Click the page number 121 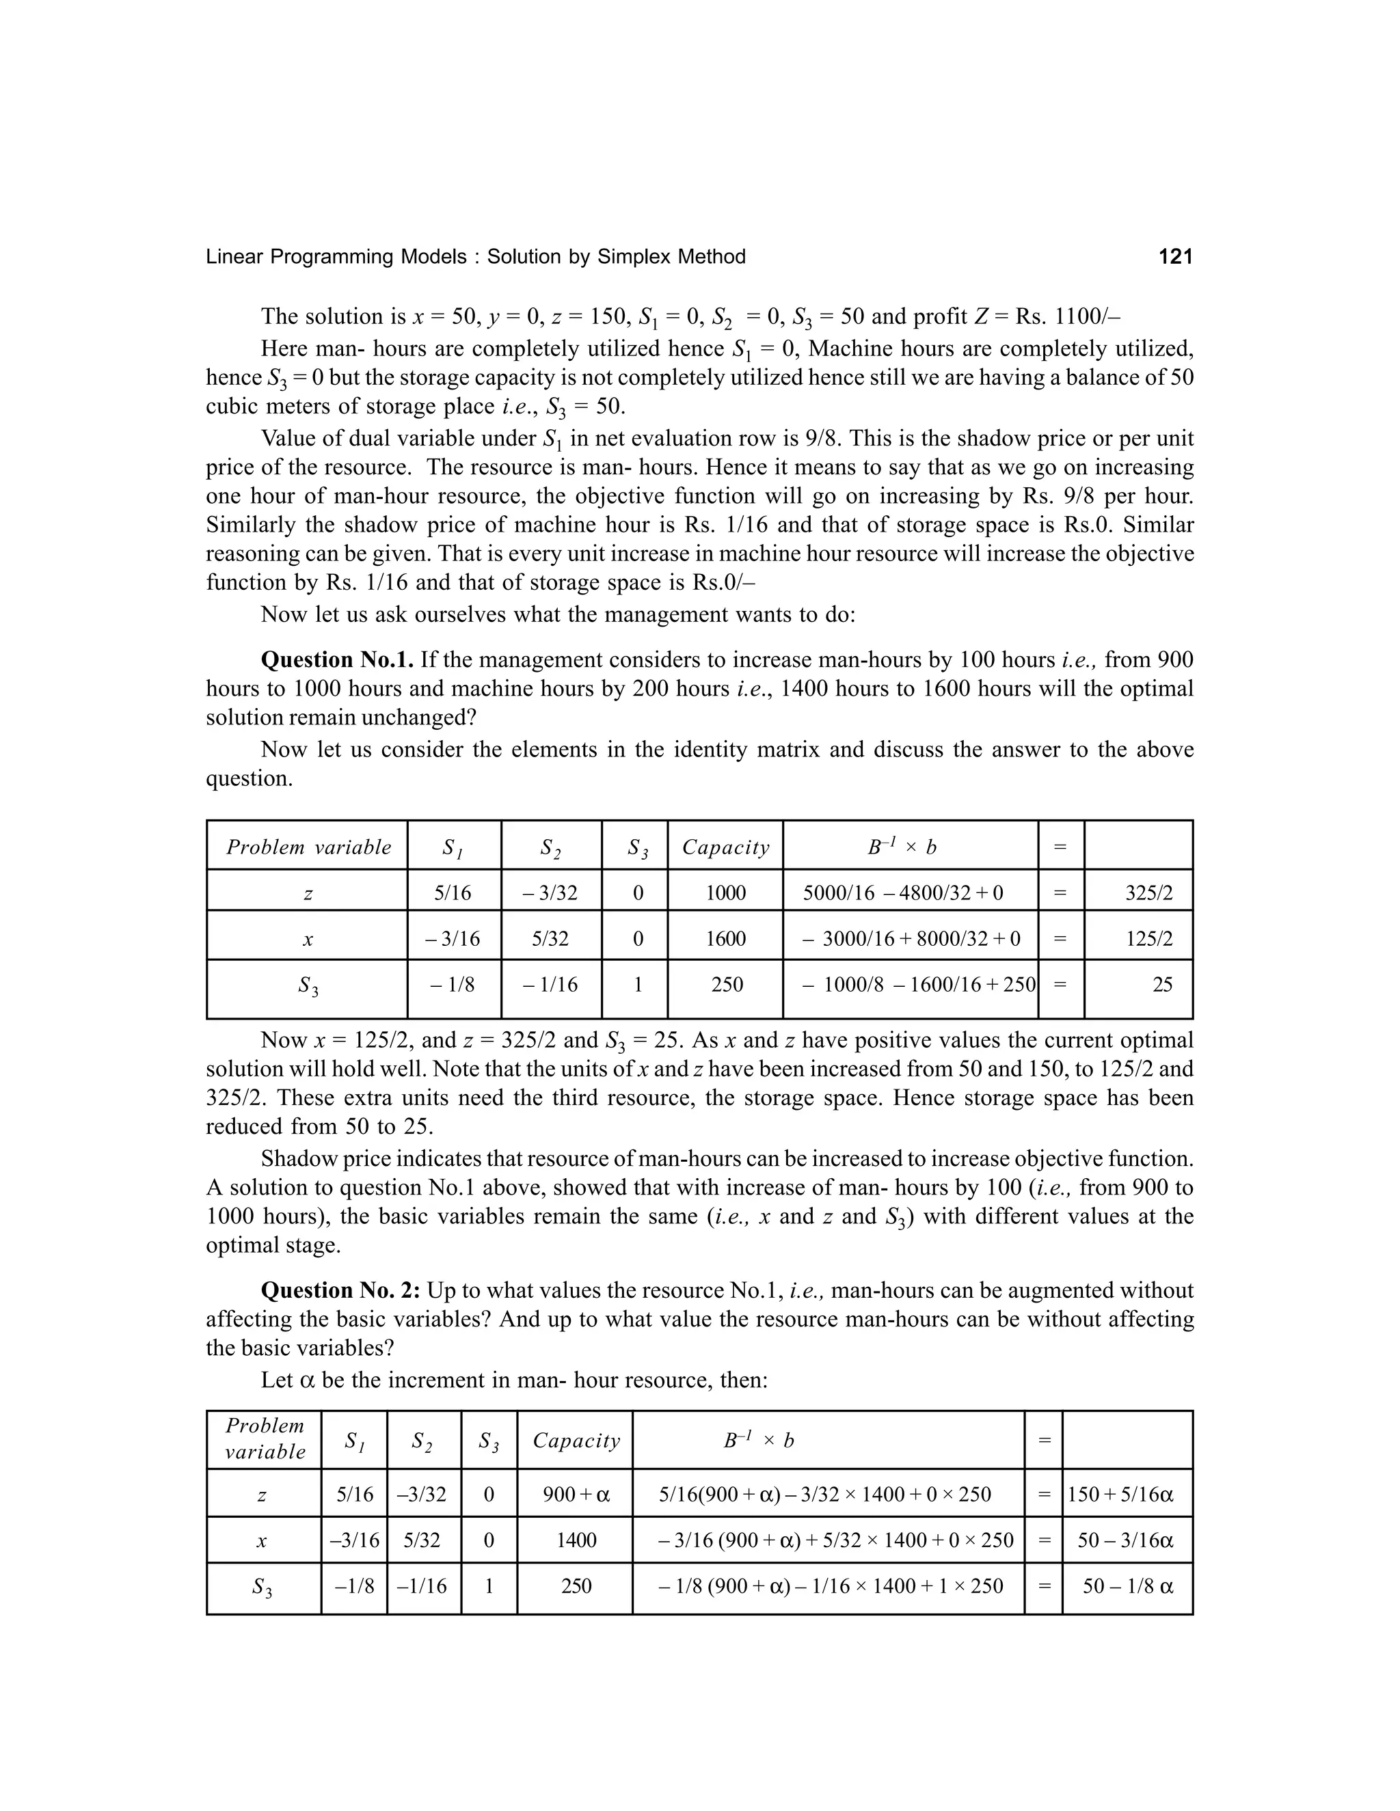[1174, 257]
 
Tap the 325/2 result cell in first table [1148, 893]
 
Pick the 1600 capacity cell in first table [726, 939]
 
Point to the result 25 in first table [1162, 984]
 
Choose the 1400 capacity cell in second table [576, 1540]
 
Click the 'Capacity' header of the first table [726, 847]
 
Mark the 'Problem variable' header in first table [308, 847]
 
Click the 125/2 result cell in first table [1148, 939]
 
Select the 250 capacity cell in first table [727, 984]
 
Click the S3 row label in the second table [262, 1587]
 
